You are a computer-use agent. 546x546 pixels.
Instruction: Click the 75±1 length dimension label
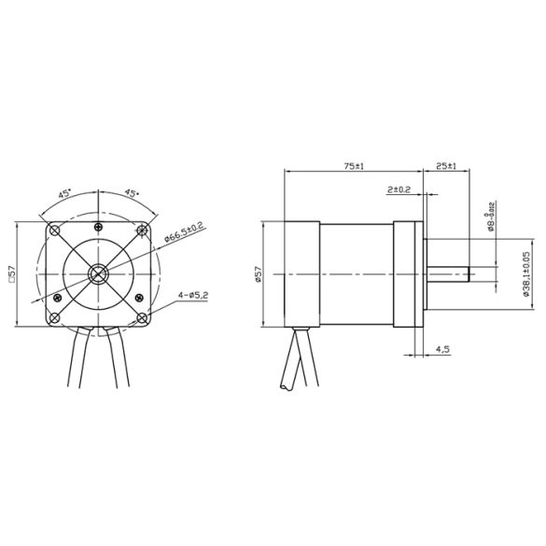click(352, 165)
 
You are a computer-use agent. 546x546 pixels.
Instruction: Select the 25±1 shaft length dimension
click(446, 165)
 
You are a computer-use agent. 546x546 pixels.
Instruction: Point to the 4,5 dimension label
click(442, 349)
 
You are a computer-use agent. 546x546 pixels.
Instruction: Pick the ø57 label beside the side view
click(259, 273)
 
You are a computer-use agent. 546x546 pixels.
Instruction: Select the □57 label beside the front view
click(12, 273)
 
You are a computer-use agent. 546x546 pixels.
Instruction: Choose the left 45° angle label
click(65, 193)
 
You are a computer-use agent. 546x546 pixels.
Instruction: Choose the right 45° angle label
click(131, 193)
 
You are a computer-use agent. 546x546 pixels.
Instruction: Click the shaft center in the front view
click(98, 273)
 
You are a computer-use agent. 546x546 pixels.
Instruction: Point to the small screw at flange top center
click(98, 228)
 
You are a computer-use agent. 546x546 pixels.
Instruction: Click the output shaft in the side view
click(448, 273)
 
